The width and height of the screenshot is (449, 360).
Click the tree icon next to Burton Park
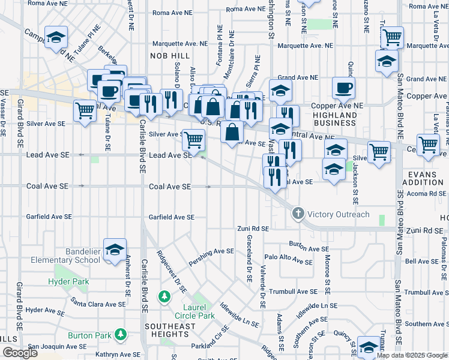[121, 333]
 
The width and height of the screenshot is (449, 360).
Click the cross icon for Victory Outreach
[298, 214]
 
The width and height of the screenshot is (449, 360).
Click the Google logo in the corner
[19, 353]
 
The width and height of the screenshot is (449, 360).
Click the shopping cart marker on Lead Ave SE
[193, 140]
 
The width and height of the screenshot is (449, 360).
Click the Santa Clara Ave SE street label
[98, 301]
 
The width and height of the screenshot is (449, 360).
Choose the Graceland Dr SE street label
[249, 259]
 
